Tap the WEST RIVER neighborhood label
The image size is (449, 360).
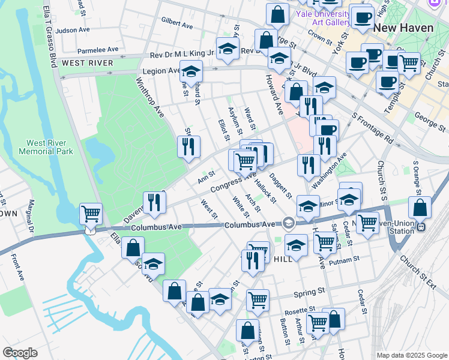click(x=88, y=63)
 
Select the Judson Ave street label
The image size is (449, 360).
click(x=73, y=30)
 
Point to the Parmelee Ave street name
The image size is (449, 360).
click(x=98, y=50)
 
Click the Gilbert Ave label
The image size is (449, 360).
click(x=177, y=26)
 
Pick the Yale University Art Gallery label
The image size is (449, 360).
click(x=330, y=18)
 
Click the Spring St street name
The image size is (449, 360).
click(x=309, y=294)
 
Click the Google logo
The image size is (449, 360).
click(x=20, y=352)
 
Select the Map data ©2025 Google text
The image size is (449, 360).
click(x=412, y=355)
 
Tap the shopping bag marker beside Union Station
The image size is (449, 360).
click(x=421, y=207)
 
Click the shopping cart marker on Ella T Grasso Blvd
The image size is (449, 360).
click(x=91, y=213)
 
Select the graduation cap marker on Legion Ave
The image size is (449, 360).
click(x=191, y=71)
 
